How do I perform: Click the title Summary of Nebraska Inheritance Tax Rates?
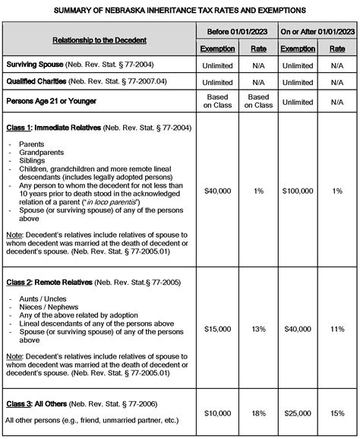click(180, 11)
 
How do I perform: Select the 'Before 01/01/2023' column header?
click(235, 31)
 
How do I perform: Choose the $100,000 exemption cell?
click(297, 191)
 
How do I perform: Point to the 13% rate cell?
click(258, 329)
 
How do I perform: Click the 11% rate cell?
click(337, 329)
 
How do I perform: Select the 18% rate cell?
click(258, 412)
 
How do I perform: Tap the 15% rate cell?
click(337, 412)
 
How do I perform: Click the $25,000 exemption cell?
click(297, 412)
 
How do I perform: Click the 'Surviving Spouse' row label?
click(35, 65)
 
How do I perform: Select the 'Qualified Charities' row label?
click(38, 82)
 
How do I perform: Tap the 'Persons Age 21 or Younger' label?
click(52, 100)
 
